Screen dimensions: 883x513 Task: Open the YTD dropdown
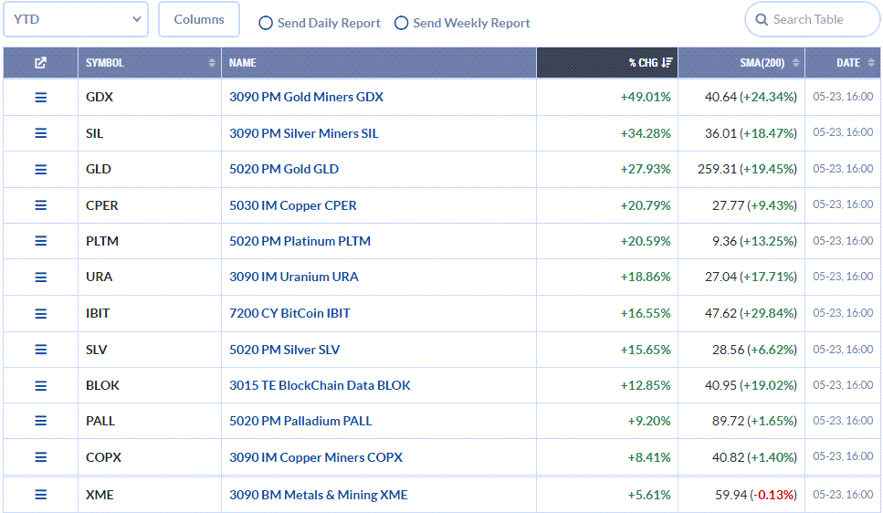click(76, 19)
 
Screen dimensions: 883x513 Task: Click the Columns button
click(199, 19)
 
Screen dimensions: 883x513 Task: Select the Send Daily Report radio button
click(266, 23)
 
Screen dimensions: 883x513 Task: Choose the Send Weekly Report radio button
click(401, 23)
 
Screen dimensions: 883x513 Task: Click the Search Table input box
click(812, 20)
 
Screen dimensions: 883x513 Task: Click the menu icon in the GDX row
click(40, 98)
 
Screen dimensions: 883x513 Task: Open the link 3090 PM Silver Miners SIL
click(303, 133)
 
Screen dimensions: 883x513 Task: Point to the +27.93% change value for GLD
click(646, 169)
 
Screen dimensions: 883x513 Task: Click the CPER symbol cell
click(102, 205)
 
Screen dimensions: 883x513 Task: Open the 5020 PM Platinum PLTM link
click(300, 241)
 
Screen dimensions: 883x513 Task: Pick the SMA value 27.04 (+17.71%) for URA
click(751, 277)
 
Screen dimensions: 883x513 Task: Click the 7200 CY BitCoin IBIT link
click(289, 313)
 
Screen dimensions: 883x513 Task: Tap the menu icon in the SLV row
click(40, 350)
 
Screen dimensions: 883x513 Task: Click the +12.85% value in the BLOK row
click(646, 386)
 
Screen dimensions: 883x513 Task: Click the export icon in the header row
click(40, 62)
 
